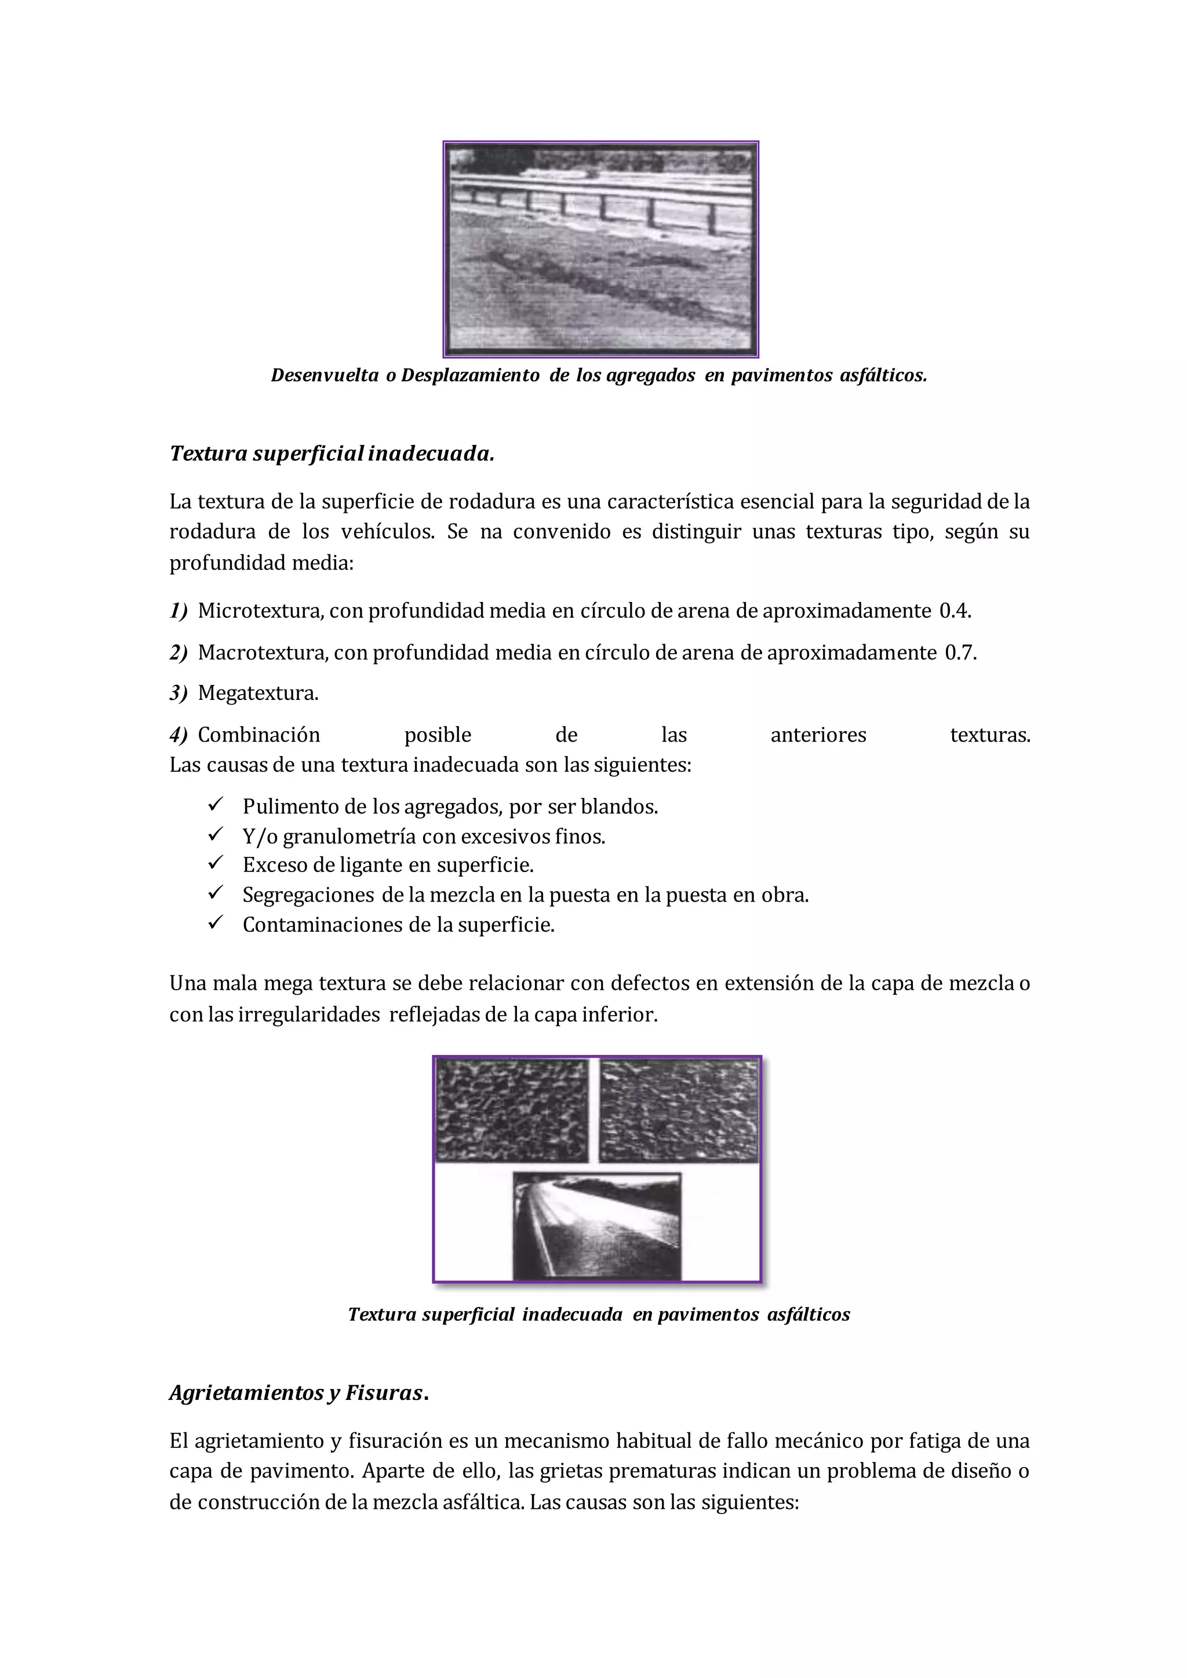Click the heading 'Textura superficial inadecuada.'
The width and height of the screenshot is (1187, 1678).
[x=332, y=454]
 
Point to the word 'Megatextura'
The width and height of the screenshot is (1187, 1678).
[x=257, y=693]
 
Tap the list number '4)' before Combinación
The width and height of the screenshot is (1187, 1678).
[x=179, y=735]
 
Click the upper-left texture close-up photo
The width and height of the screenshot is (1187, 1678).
[x=512, y=1111]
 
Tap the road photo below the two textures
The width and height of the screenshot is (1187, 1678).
[x=596, y=1227]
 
